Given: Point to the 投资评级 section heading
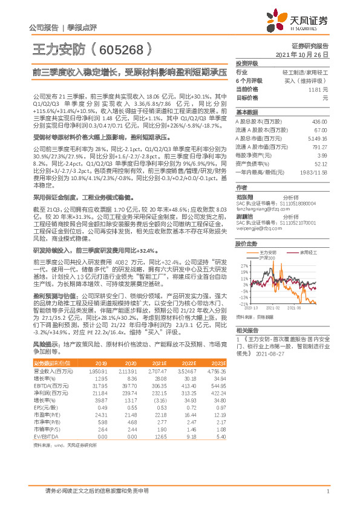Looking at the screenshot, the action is tap(247, 63).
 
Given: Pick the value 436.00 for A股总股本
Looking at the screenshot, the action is tap(319, 122).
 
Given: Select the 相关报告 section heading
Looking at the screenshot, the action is tap(247, 331).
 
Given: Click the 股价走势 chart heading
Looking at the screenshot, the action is tap(247, 228).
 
